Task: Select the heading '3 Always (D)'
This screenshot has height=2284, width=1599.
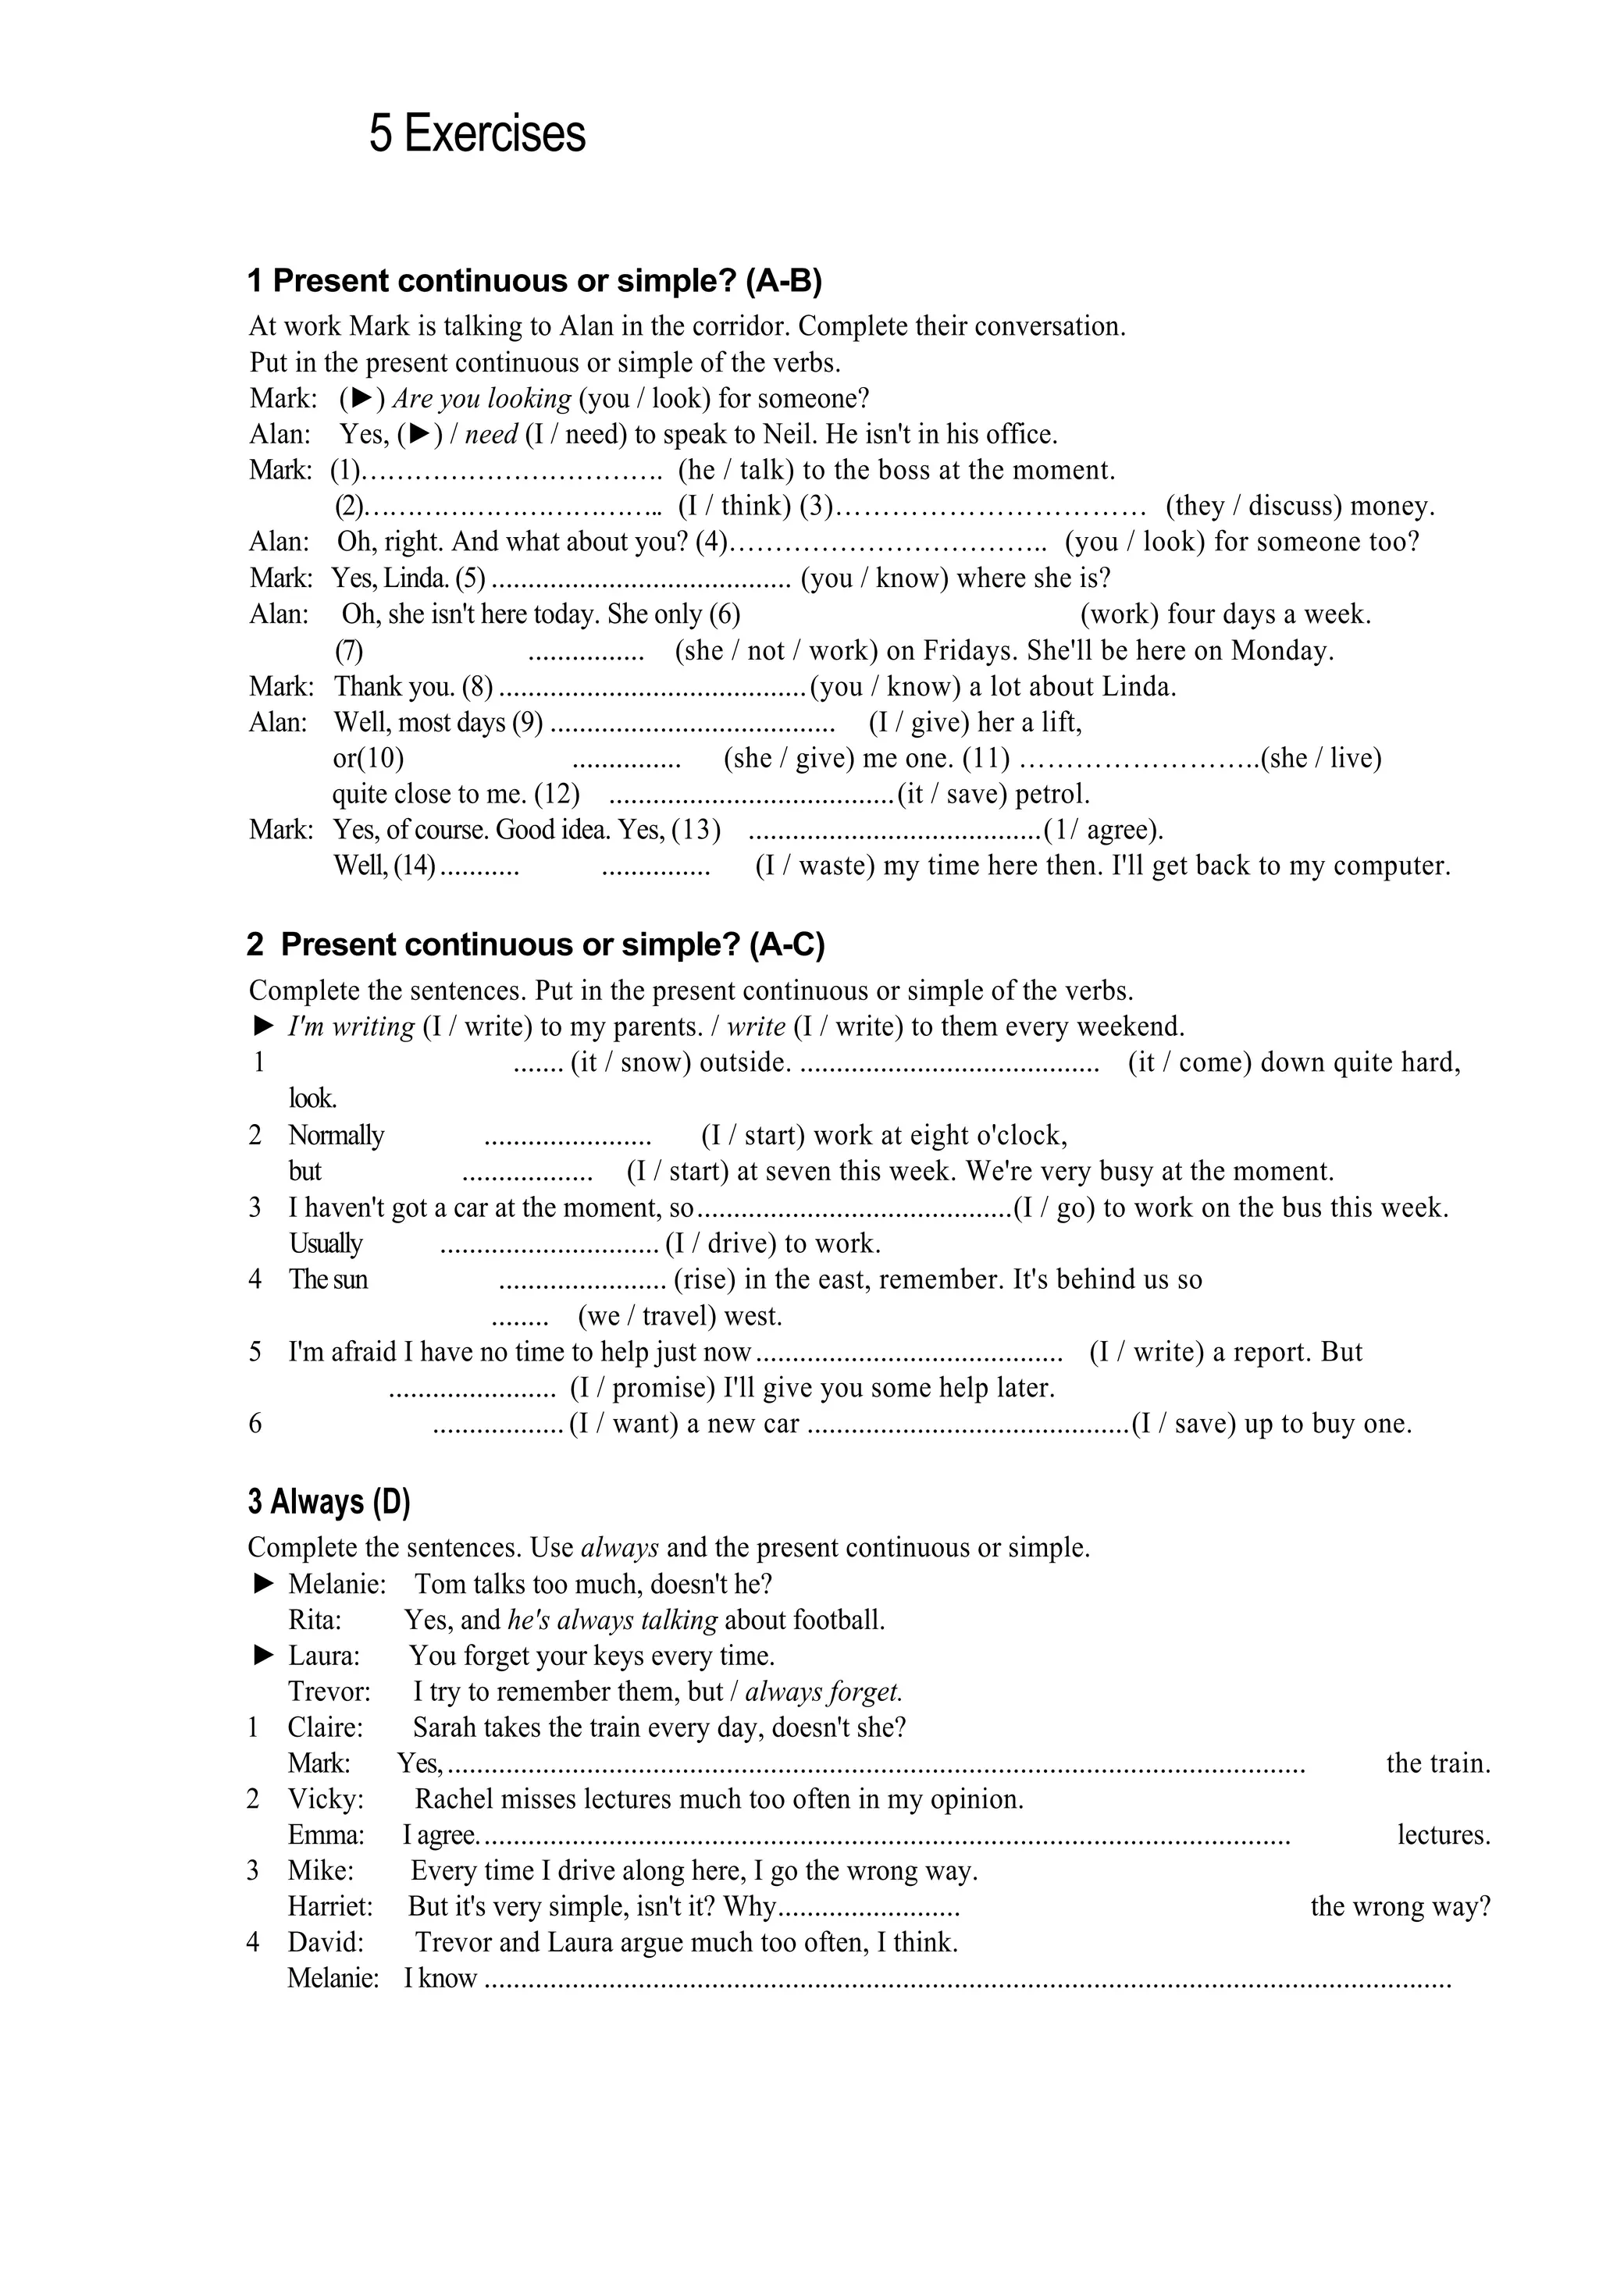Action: pos(329,1501)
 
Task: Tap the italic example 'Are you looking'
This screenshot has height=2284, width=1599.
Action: pos(482,399)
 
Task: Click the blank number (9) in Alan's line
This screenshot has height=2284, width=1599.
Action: pos(526,722)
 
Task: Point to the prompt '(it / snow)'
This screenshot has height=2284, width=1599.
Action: pos(631,1062)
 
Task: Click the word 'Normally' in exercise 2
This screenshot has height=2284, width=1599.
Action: pos(335,1135)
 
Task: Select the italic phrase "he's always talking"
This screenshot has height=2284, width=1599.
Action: pos(612,1621)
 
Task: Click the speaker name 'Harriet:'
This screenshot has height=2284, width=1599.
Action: pos(329,1907)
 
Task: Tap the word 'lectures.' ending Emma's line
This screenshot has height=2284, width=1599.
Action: pos(1443,1835)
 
